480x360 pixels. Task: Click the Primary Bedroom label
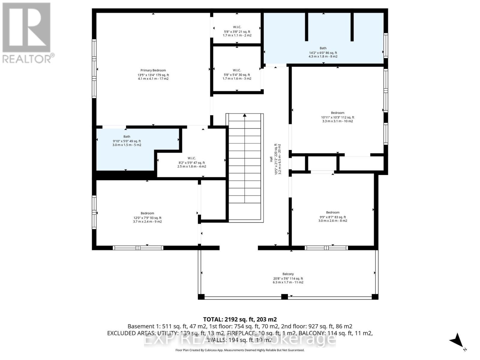tap(153, 70)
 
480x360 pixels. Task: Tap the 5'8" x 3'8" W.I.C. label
tap(237, 27)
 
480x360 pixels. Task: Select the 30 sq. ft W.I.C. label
tap(237, 70)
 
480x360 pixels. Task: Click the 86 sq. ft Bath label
tap(323, 48)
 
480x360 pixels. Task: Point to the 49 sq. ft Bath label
tap(127, 137)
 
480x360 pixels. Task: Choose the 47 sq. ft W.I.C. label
tap(192, 158)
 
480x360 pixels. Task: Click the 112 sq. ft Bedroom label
tap(337, 113)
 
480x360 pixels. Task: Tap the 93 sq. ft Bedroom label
tap(147, 214)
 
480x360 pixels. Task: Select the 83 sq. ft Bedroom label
tap(333, 213)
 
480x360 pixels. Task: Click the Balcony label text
tap(288, 274)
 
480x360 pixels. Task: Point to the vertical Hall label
tap(271, 159)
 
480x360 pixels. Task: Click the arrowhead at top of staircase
tap(245, 115)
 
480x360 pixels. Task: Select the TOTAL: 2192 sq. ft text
tap(240, 319)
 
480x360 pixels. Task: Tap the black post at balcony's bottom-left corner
tap(201, 297)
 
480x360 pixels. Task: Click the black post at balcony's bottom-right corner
tap(375, 297)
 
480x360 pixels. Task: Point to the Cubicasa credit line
tap(240, 350)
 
